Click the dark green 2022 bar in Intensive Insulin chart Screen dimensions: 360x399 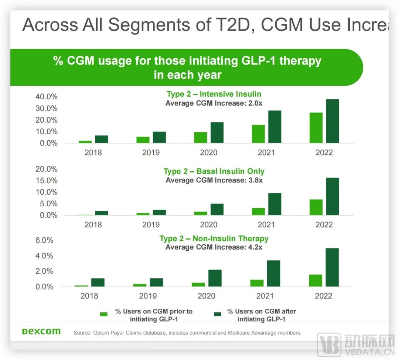point(332,121)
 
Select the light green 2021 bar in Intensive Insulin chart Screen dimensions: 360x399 point(258,134)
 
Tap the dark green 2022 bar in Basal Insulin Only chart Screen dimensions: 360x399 point(332,196)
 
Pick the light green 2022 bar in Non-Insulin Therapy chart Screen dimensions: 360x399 point(315,280)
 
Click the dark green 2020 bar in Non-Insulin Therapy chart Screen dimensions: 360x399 point(215,278)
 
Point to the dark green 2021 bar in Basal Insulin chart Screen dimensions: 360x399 point(274,204)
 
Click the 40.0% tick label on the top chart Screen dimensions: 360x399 point(47,97)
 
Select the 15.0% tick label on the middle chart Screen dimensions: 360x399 point(47,181)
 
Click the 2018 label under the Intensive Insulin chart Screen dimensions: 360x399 point(93,152)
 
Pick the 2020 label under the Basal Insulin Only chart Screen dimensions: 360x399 point(209,224)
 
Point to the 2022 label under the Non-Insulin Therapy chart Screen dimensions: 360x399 point(324,296)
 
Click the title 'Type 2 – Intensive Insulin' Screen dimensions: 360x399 point(214,94)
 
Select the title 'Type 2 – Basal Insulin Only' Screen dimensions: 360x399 point(214,171)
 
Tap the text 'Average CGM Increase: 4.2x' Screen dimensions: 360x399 point(214,247)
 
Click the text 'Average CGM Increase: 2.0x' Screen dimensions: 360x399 point(214,103)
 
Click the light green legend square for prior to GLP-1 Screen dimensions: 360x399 point(104,314)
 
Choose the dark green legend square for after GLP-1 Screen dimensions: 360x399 point(217,314)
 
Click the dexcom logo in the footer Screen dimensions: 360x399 point(41,331)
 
